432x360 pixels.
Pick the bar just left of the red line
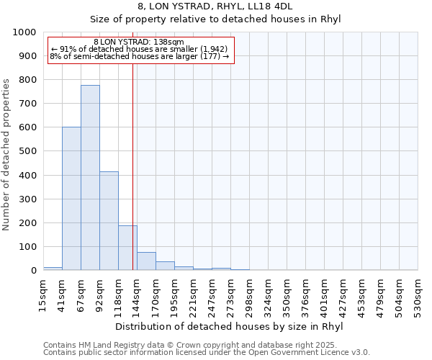(x=127, y=248)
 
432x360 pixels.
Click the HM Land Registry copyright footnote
(x=205, y=345)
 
